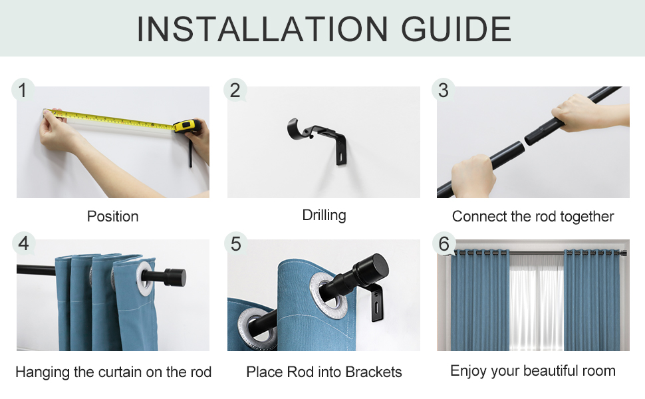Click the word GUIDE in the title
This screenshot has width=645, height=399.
(x=455, y=29)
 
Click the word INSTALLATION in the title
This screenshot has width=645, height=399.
(x=262, y=29)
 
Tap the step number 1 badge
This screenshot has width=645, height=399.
(x=23, y=90)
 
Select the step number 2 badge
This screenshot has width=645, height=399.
(x=235, y=90)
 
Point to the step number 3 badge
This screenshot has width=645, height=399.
(x=444, y=90)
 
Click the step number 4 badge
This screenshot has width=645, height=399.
(x=23, y=243)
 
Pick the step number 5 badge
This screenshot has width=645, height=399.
(x=235, y=243)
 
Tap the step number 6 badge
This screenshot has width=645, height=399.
(x=444, y=243)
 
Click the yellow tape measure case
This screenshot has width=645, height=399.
(x=187, y=126)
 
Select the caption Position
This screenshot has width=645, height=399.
(x=113, y=216)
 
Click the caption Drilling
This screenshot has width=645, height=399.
(x=324, y=215)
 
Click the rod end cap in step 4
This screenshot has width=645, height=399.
(x=176, y=278)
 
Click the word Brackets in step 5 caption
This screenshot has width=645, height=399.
(x=374, y=372)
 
